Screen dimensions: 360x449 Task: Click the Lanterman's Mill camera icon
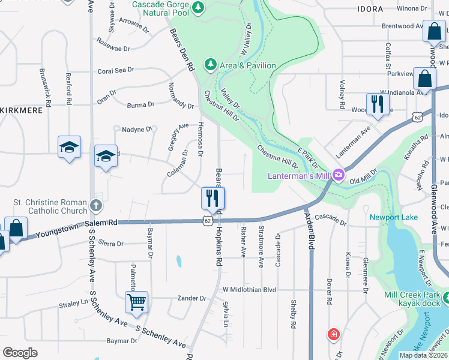click(x=338, y=175)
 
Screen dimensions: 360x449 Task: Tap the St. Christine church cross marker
click(x=95, y=206)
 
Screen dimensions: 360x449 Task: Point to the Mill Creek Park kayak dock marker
click(x=445, y=297)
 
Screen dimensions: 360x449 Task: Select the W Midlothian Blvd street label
click(x=249, y=290)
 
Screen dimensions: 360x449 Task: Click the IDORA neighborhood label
click(x=370, y=10)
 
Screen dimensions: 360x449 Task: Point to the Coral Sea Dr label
click(x=116, y=71)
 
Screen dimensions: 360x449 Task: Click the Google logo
click(x=20, y=353)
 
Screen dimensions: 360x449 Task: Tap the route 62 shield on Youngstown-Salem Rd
click(x=207, y=221)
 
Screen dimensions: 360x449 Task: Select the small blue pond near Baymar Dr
click(x=178, y=261)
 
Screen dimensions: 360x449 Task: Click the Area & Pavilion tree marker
click(x=210, y=64)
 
